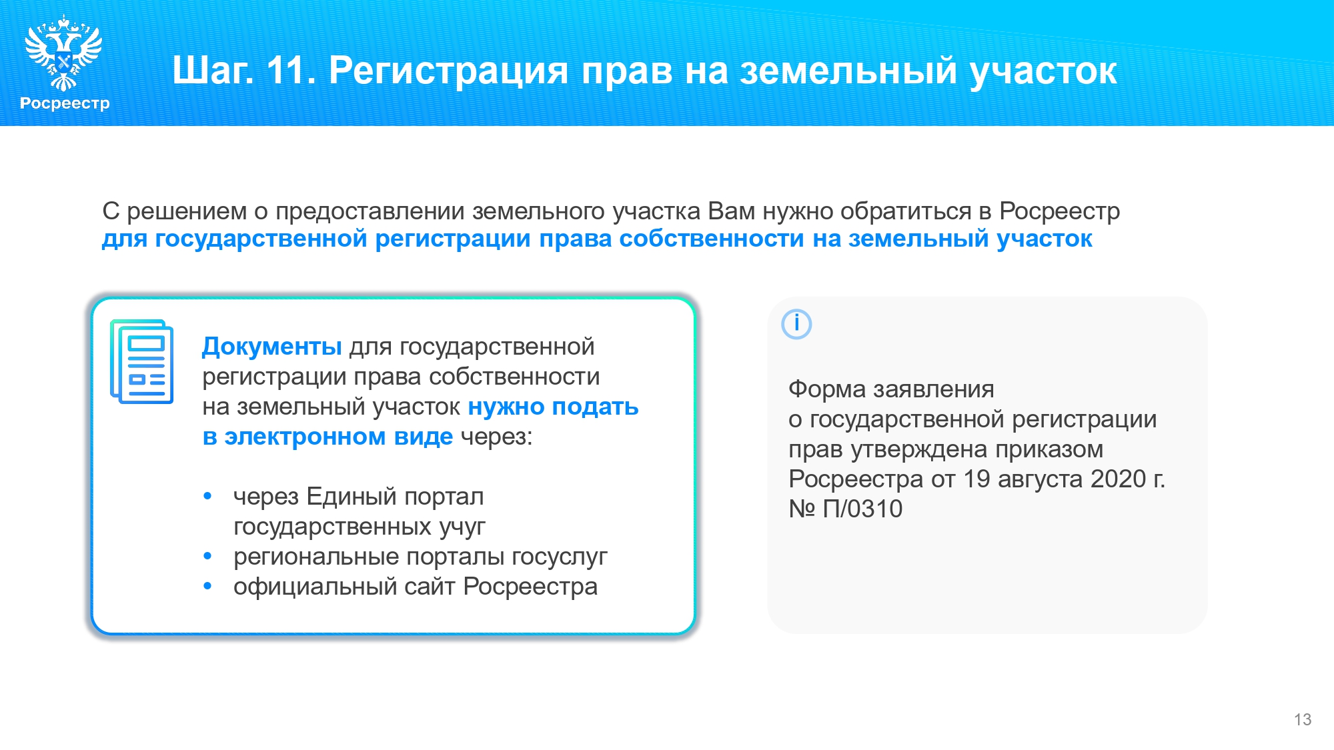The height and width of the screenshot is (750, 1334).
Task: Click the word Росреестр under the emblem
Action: coord(65,103)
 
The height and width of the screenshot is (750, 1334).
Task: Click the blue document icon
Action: coord(141,361)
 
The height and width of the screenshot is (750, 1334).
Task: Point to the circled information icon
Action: coord(796,324)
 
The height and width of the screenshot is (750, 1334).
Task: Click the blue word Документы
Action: coord(272,347)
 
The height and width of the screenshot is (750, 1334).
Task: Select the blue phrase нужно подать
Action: coord(553,407)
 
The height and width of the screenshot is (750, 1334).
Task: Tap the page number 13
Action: coord(1303,719)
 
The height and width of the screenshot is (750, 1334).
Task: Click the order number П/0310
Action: coord(862,509)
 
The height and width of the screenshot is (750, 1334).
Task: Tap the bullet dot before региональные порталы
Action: coord(207,556)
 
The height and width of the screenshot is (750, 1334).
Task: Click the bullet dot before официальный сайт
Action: coord(207,586)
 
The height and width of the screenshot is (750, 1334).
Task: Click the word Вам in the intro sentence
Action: coord(732,211)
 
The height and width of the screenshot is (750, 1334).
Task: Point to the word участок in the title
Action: coord(1043,71)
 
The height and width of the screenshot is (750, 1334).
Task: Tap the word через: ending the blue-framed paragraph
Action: coord(497,437)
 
